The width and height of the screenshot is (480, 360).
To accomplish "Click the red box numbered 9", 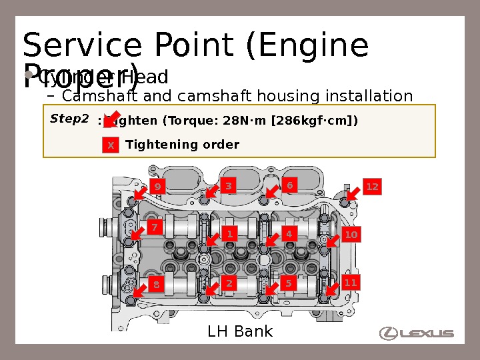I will tap(157, 187).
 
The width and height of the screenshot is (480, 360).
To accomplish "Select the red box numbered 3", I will tap(229, 186).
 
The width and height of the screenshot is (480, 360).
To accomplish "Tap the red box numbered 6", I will tap(289, 185).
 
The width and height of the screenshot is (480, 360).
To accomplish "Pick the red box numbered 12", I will tap(372, 187).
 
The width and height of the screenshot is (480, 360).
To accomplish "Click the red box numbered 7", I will tap(154, 228).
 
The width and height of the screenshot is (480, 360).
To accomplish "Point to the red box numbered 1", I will tap(229, 234).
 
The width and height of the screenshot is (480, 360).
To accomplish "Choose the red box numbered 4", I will tap(289, 234).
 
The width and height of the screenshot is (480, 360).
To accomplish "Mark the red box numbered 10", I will tap(351, 235).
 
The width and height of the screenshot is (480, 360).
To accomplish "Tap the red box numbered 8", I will tap(157, 285).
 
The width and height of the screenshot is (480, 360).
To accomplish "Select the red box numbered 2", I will tap(229, 283).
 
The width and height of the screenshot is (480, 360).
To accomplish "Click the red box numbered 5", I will tap(289, 283).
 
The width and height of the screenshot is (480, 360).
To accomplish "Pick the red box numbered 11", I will tap(351, 283).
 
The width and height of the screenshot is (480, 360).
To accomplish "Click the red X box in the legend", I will tap(111, 145).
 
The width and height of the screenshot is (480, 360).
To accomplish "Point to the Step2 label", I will tap(69, 119).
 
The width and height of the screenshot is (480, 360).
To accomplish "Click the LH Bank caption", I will tap(240, 331).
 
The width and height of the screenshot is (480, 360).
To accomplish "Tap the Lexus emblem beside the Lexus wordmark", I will tap(389, 333).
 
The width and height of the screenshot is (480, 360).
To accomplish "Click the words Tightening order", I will tap(182, 145).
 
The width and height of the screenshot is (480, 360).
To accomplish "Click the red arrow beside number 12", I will tap(353, 193).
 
